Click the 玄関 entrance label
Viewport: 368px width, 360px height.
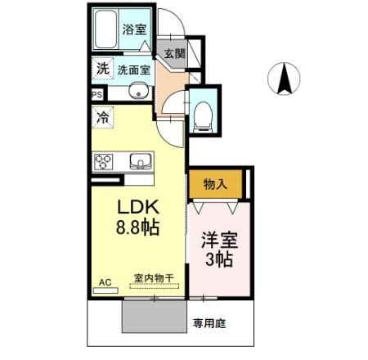174,52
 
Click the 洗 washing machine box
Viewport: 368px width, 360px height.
101,69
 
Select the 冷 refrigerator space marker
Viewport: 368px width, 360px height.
102,118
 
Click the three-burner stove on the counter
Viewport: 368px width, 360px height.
105,160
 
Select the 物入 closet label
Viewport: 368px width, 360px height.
215,185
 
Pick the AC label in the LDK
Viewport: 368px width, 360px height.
105,282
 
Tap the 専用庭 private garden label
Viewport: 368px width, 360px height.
209,323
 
